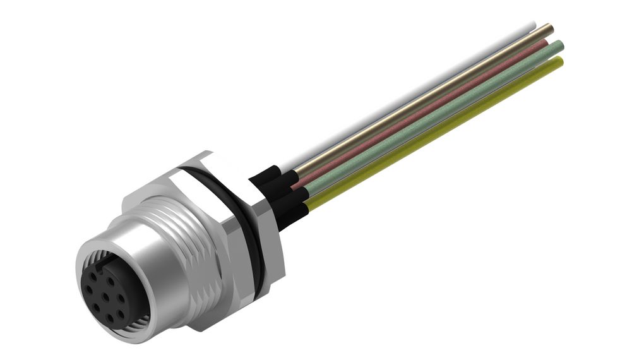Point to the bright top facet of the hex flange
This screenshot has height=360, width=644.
189,162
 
